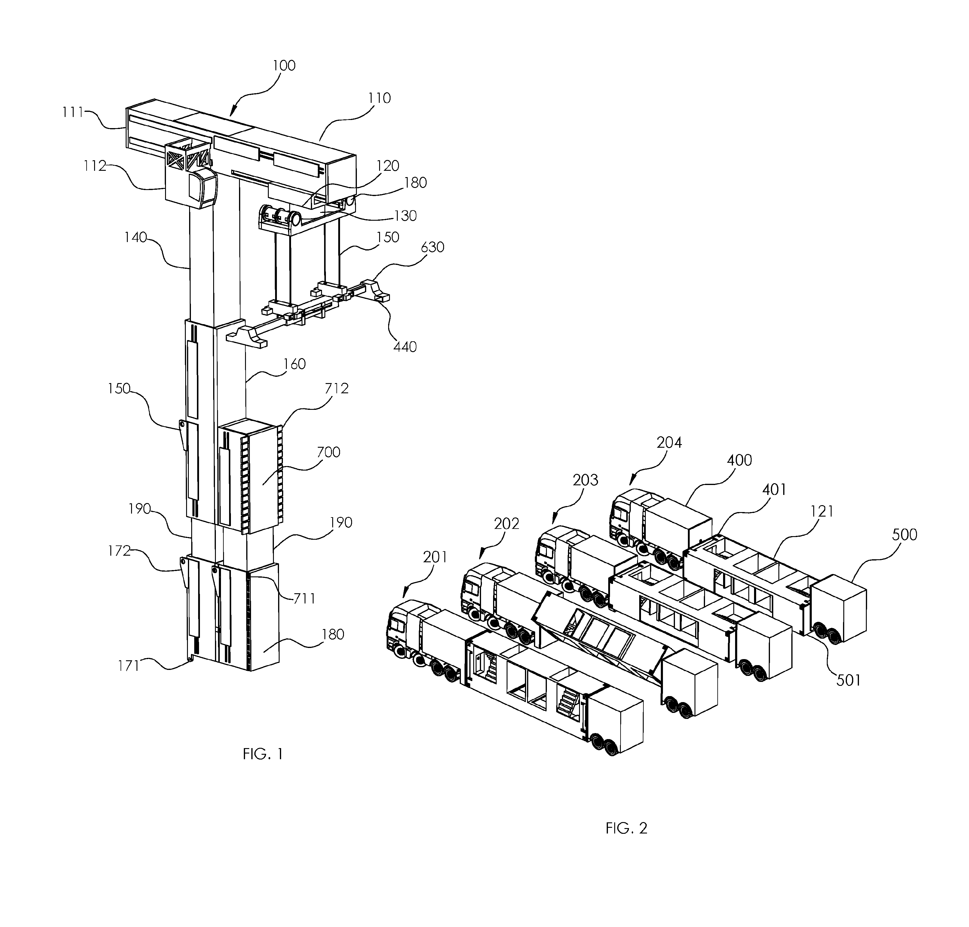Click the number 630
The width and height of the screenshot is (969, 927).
click(432, 247)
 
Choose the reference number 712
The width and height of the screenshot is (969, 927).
click(336, 389)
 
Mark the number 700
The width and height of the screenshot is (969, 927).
click(329, 452)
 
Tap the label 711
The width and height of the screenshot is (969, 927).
click(304, 598)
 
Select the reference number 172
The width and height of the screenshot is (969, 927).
click(119, 551)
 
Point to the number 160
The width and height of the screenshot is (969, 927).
click(295, 364)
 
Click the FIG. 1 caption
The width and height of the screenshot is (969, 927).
click(263, 754)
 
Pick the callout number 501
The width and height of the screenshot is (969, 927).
click(848, 680)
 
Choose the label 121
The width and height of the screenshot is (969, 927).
click(822, 511)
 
